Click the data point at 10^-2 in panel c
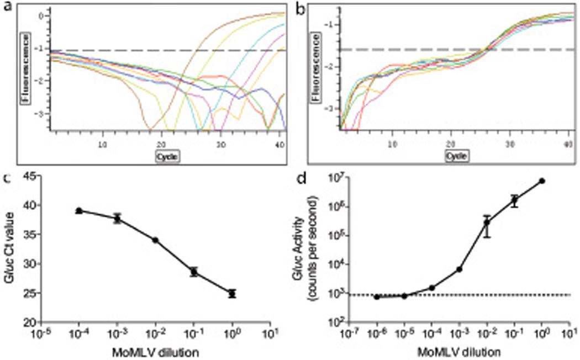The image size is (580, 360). pyautogui.click(x=156, y=240)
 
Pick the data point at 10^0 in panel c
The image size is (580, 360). pyautogui.click(x=232, y=294)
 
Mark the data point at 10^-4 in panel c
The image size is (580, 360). pyautogui.click(x=79, y=211)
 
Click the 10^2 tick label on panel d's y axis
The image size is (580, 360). pyautogui.click(x=330, y=322)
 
